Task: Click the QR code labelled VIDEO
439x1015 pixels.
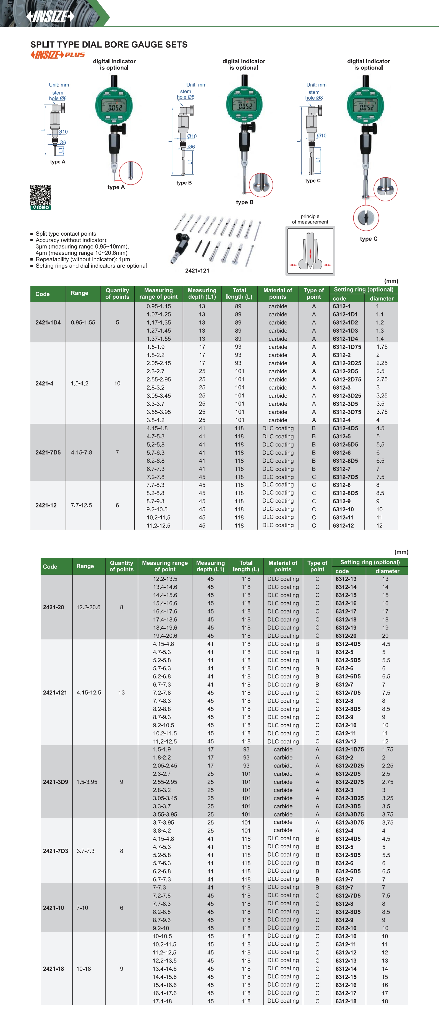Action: (41, 196)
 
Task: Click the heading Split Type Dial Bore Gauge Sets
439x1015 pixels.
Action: (109, 45)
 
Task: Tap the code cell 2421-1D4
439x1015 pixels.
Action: (48, 322)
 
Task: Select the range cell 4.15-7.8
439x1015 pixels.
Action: (82, 452)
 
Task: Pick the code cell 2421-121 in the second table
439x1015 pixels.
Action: (55, 692)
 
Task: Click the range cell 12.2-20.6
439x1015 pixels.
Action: (88, 607)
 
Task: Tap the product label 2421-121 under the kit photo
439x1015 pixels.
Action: (197, 271)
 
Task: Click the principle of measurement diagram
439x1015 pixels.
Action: (310, 251)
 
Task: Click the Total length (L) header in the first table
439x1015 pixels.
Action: (239, 293)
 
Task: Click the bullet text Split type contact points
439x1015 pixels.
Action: (66, 234)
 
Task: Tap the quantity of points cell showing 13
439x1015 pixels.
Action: (121, 692)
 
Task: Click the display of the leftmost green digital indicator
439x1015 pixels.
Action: (114, 106)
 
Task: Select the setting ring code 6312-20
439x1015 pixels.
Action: (346, 636)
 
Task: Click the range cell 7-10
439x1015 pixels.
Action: (82, 907)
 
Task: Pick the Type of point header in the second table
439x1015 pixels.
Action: (317, 566)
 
